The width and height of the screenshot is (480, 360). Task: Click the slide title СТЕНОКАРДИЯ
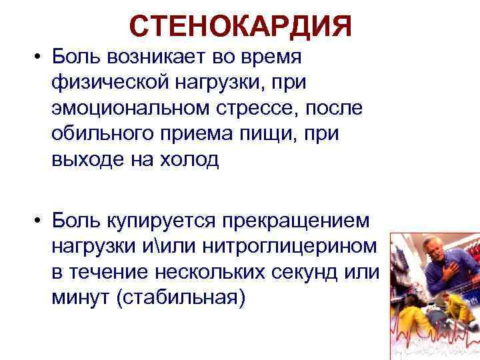pos(240,26)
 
